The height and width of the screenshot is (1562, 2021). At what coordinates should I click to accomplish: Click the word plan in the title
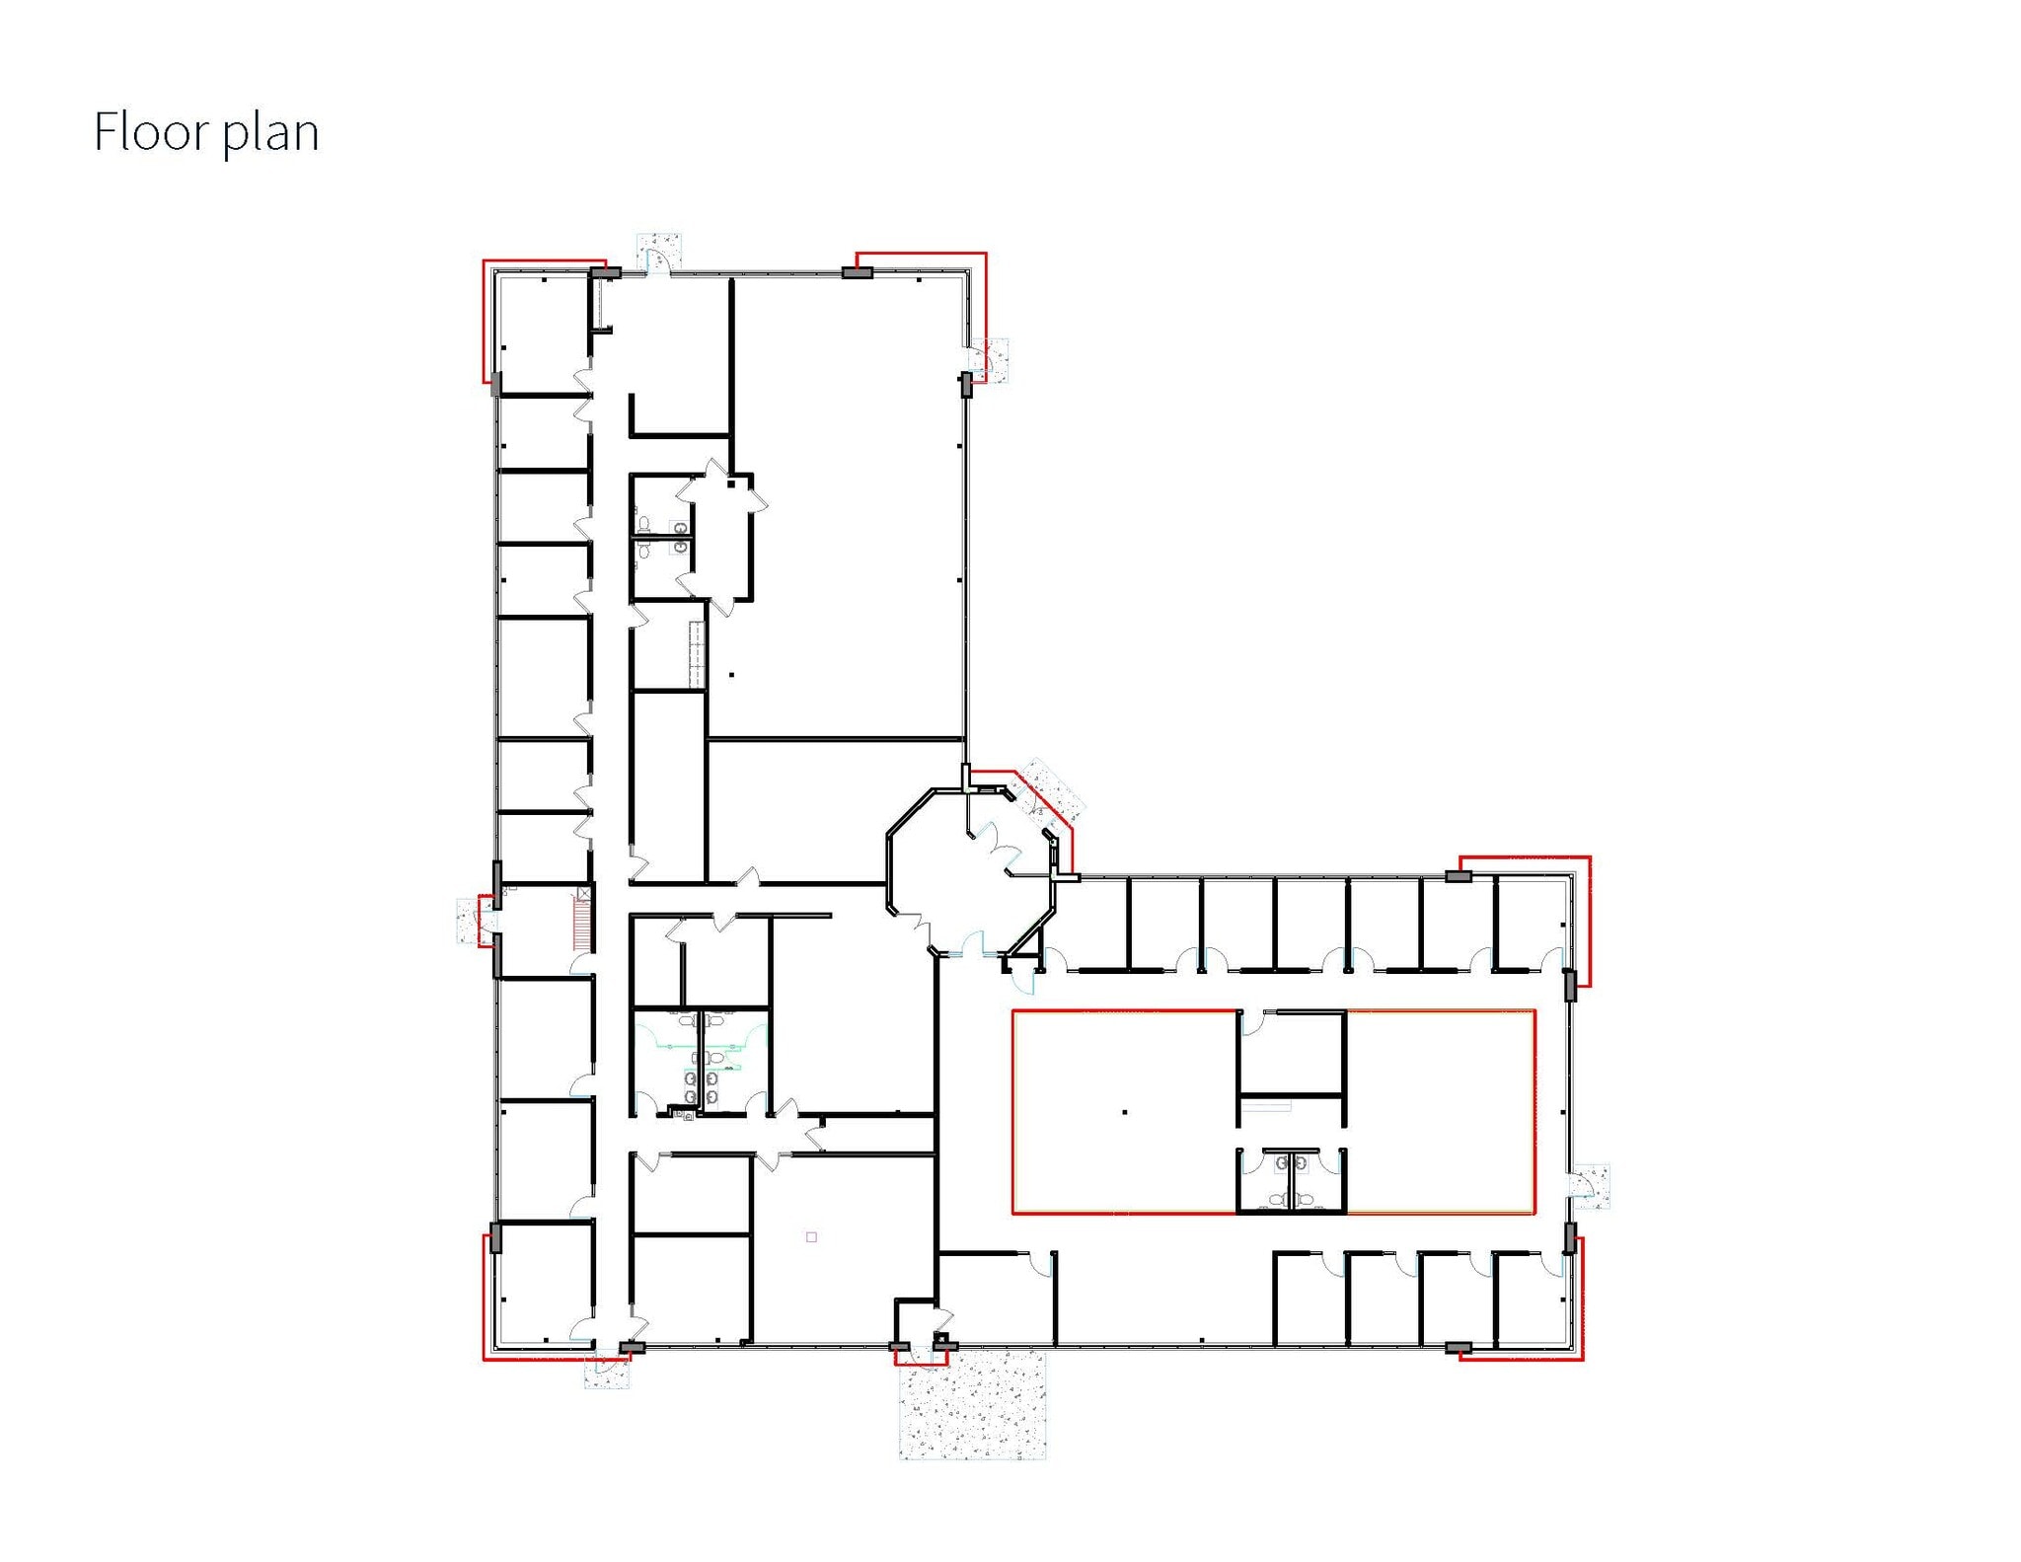[270, 134]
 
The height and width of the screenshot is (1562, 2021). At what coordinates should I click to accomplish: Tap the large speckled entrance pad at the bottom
[972, 1405]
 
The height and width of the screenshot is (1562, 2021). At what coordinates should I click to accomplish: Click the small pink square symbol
[811, 1236]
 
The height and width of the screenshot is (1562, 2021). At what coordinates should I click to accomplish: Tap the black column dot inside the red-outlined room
[1125, 1112]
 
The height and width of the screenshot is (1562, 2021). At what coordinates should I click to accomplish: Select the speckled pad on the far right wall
[1590, 1185]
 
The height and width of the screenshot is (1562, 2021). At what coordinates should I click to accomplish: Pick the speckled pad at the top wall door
[659, 249]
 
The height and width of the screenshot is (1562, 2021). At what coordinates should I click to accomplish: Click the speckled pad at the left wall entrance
[468, 920]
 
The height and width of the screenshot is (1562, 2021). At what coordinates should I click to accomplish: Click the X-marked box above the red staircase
[584, 893]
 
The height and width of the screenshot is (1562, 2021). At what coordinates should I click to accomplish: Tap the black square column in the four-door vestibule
[730, 484]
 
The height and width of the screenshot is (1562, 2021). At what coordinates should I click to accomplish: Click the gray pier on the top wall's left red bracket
[605, 271]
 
